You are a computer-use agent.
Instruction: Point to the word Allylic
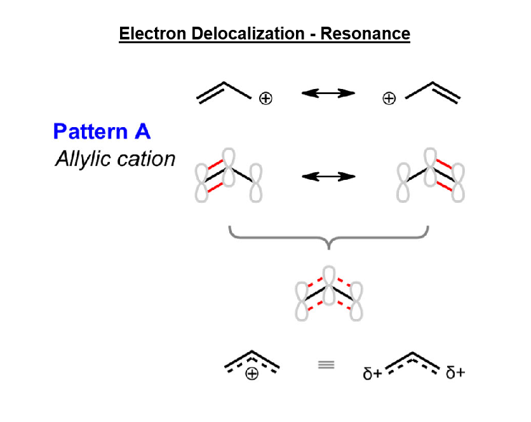[x=83, y=158]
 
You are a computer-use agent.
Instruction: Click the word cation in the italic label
[x=145, y=158]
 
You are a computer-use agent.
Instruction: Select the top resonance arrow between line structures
[x=328, y=93]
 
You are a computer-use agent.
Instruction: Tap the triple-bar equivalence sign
[x=326, y=365]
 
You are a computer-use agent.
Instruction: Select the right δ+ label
[x=455, y=373]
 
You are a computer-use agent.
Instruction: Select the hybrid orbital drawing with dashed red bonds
[x=328, y=293]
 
